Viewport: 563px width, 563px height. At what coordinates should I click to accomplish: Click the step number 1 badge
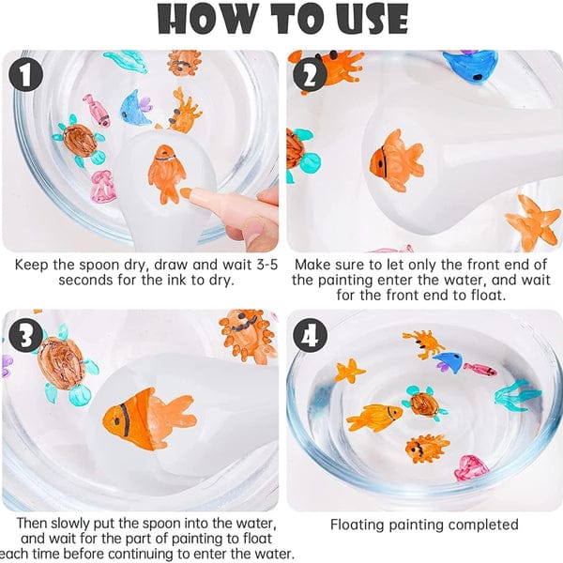[x=26, y=75]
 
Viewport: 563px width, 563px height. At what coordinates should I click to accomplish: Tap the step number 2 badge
[x=310, y=76]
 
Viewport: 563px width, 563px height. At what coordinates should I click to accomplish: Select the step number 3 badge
[x=26, y=336]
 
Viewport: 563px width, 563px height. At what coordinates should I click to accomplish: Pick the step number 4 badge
[x=310, y=336]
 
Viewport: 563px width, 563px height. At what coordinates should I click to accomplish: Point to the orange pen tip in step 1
[x=186, y=193]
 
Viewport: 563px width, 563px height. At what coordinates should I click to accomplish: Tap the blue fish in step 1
[x=134, y=107]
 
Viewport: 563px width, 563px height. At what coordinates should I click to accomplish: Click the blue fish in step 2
[x=470, y=66]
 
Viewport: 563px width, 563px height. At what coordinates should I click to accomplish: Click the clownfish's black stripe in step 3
[x=126, y=419]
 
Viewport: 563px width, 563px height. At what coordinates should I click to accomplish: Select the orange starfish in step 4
[x=349, y=371]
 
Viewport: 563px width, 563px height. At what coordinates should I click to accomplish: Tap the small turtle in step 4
[x=424, y=403]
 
